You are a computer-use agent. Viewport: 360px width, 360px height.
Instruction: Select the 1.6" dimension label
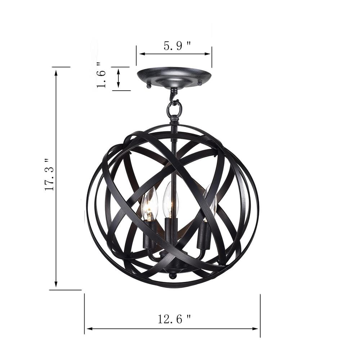(x=101, y=75)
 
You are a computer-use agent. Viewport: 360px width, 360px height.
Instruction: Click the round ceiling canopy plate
(x=174, y=76)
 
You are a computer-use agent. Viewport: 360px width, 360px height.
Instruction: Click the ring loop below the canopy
(x=174, y=108)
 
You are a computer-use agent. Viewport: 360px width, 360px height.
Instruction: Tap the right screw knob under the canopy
(x=200, y=84)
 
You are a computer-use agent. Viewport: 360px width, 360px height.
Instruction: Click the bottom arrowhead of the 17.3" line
(x=56, y=284)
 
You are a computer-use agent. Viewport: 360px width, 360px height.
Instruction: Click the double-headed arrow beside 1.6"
(x=118, y=78)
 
